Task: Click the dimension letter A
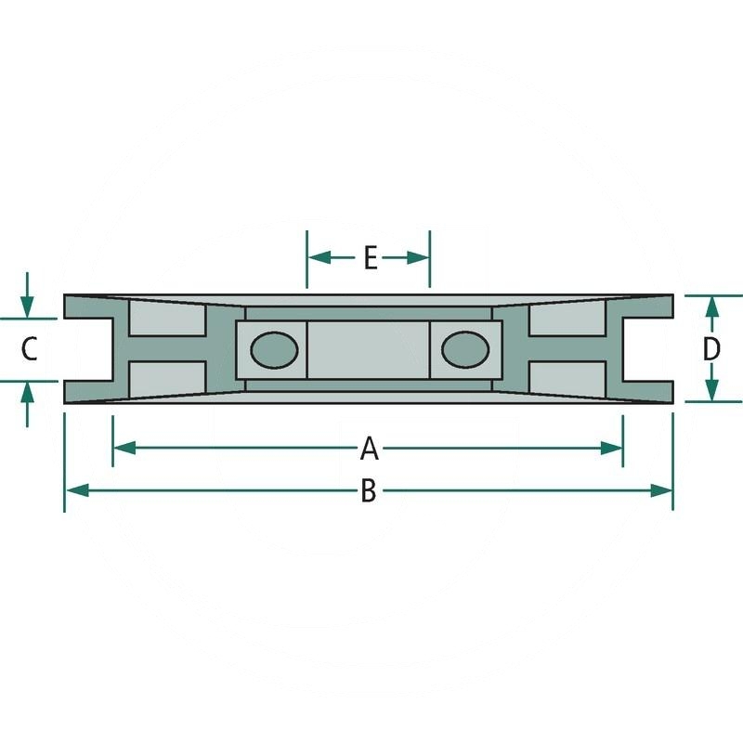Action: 369,450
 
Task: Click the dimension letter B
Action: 369,491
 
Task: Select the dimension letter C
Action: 29,349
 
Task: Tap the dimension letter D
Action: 711,349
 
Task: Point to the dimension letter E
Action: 370,258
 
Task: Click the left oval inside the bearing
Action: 275,349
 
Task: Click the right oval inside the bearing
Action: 464,349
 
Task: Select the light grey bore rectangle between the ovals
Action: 369,349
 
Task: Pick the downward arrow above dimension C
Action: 28,306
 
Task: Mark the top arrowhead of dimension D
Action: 711,306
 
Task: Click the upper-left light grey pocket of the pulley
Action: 166,320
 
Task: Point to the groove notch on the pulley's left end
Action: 87,349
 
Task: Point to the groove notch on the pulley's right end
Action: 649,349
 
